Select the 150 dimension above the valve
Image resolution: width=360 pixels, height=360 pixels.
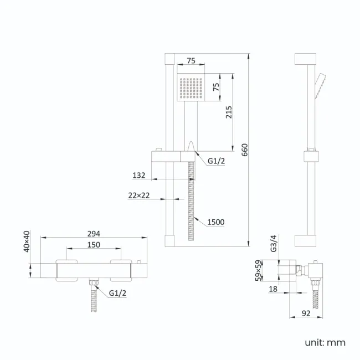coord(94,244)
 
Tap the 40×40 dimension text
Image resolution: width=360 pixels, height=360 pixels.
coord(27,241)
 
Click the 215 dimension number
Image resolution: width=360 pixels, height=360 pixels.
coord(229,112)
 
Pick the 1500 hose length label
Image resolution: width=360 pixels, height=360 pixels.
coord(215,222)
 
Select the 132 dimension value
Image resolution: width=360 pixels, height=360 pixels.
coord(139,175)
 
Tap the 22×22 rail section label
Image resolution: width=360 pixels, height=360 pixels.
coord(138,195)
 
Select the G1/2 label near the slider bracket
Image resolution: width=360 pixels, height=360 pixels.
coord(216,162)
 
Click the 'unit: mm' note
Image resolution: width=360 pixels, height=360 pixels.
coord(325,342)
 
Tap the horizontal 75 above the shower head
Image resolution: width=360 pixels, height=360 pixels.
coord(191,61)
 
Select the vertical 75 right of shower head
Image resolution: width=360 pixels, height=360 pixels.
coord(217,87)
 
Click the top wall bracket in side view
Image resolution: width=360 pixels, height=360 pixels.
coord(305,60)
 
